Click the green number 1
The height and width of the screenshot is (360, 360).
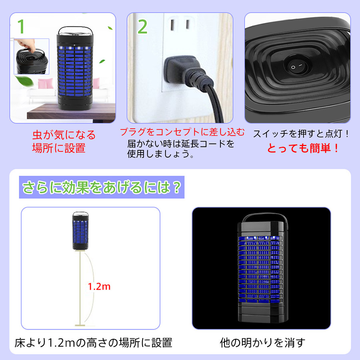pos(21,26)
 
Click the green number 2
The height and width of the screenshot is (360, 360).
pos(142,27)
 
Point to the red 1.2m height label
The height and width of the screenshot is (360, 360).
pos(99,286)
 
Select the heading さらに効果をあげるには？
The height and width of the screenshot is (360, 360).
pos(102,187)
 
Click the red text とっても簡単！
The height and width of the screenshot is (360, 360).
pos(303,148)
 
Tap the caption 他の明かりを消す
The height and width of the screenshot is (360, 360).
pos(263,342)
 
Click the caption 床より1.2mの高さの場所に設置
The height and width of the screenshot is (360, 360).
pos(94,342)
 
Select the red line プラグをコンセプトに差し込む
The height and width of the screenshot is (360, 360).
pos(182,132)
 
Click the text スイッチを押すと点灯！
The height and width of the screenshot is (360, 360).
pos(301,134)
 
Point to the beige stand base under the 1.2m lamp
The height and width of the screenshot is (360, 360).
pos(80,325)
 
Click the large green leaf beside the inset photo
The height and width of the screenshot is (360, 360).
pos(24,81)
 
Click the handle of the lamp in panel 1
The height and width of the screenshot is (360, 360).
pos(75,30)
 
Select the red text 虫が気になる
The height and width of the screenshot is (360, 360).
pos(64,135)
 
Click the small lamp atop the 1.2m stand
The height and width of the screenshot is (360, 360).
pos(80,231)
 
